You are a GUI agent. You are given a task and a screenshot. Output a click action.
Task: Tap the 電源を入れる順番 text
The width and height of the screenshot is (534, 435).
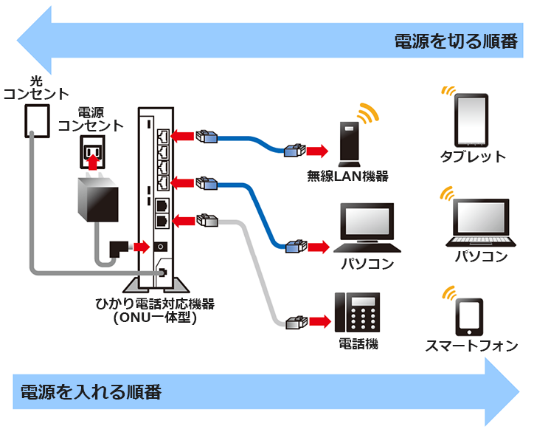coord(91,391)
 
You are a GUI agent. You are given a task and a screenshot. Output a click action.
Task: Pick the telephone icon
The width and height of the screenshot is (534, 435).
coord(358,312)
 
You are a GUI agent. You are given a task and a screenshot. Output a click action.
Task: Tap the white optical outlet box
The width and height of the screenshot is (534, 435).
coord(36,120)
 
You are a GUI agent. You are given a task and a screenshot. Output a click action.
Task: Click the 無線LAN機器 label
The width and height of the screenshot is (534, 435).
coord(348,176)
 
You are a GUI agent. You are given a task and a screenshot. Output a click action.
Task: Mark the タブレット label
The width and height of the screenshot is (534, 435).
coord(473,156)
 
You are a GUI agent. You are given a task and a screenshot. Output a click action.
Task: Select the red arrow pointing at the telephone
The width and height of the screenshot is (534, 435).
coord(319,322)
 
